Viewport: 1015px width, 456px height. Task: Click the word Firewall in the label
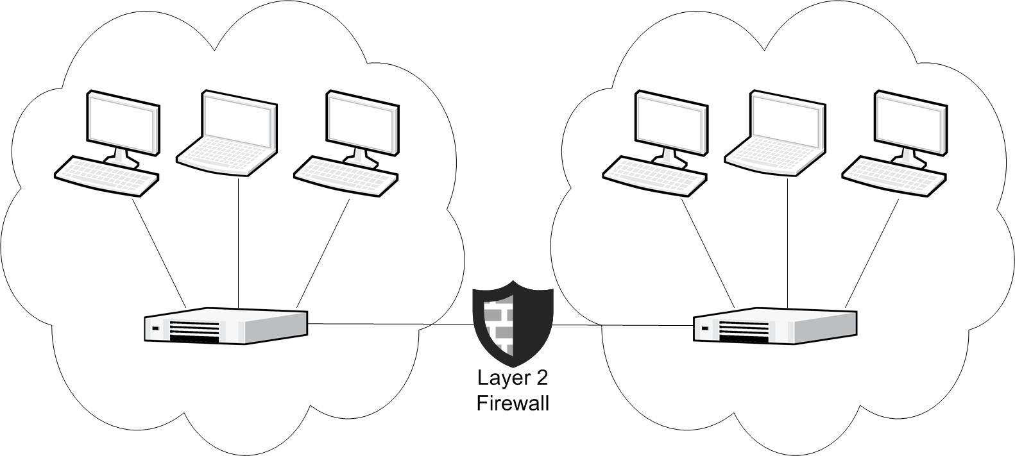click(512, 404)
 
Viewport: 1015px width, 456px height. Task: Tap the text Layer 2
click(512, 378)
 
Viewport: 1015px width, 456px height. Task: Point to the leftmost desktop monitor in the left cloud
click(123, 122)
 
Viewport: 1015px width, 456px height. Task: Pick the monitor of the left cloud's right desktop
click(362, 122)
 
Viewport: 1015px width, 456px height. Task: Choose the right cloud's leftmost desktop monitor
click(672, 122)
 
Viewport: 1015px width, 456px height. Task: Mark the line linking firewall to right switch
click(622, 325)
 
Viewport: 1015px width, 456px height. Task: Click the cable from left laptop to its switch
click(239, 244)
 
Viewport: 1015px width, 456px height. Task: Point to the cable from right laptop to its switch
click(787, 244)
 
